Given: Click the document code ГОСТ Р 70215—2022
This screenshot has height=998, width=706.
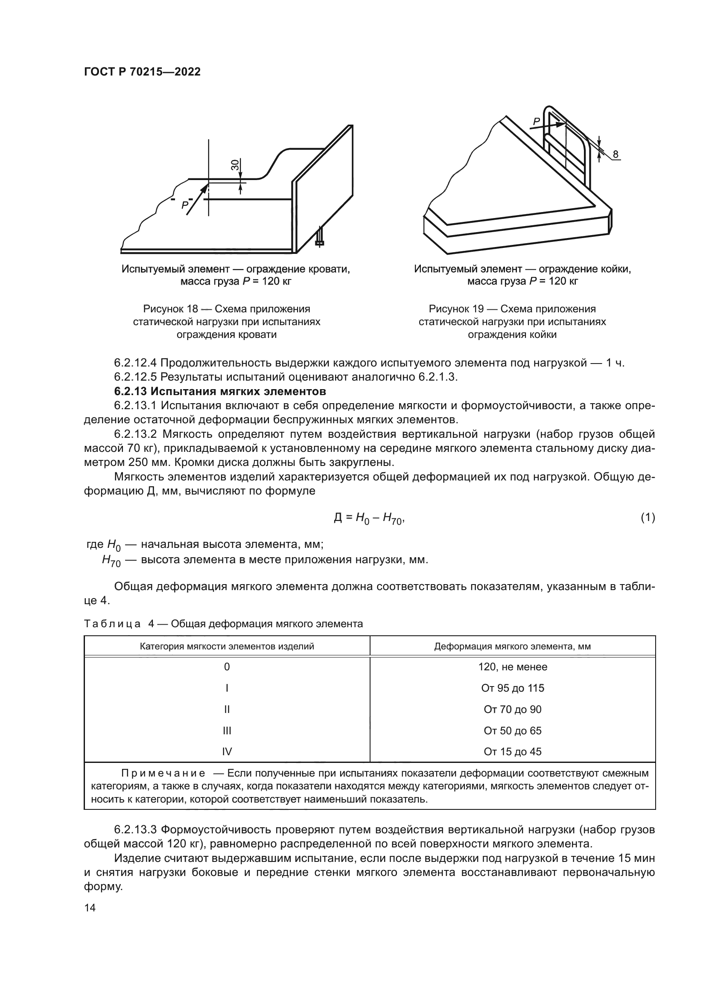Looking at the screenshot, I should [142, 72].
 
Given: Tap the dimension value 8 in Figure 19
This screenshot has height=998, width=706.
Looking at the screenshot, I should [615, 154].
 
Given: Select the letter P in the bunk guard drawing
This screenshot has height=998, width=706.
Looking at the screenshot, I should [537, 122].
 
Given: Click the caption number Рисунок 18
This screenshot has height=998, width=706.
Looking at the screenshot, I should [170, 309].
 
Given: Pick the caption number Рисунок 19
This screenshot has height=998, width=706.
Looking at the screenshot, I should [456, 309].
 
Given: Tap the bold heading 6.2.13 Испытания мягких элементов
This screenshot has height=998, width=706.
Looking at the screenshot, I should [220, 391].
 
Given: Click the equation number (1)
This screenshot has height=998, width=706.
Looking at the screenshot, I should [648, 517].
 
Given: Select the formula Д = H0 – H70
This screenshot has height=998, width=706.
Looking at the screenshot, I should [369, 518].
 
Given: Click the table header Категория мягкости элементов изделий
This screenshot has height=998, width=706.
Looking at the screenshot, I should [227, 646].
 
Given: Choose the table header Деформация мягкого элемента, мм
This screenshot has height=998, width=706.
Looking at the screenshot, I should [513, 646].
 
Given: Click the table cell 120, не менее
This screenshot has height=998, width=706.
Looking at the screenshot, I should [513, 667].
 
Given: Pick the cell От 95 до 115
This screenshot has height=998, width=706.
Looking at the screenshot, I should [513, 688].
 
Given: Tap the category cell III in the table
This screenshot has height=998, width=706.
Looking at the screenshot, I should [227, 730].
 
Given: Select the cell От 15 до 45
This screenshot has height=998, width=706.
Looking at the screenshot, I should [513, 751].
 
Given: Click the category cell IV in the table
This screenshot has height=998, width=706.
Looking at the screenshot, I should [227, 751].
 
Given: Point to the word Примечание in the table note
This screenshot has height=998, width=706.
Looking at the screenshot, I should [163, 773].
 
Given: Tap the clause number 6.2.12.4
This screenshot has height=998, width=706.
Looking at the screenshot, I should [136, 363].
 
